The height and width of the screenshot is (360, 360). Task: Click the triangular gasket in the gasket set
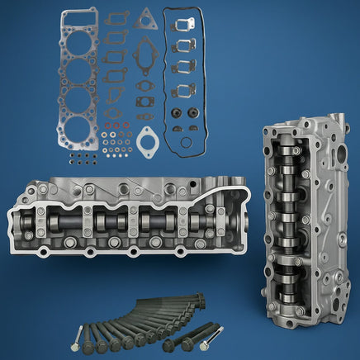146,19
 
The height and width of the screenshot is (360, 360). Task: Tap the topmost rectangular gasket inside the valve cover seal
185,27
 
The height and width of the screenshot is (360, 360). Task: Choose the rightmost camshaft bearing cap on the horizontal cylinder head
183,221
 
